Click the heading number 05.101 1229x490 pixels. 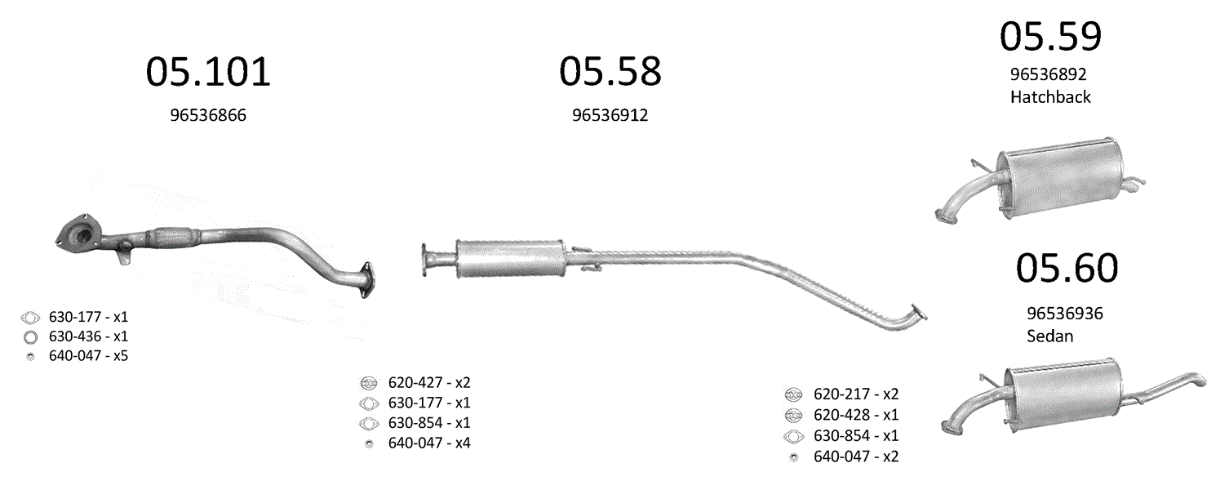coord(208,72)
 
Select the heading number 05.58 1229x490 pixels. coord(610,71)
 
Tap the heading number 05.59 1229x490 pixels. coord(1050,37)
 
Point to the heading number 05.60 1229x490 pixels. coord(1067,268)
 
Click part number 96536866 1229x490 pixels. coord(208,115)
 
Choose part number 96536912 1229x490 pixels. coord(610,115)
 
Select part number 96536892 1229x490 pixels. coord(1048,74)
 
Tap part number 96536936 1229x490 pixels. coord(1064,314)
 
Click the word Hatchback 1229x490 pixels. coord(1050,97)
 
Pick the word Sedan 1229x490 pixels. coord(1049,336)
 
